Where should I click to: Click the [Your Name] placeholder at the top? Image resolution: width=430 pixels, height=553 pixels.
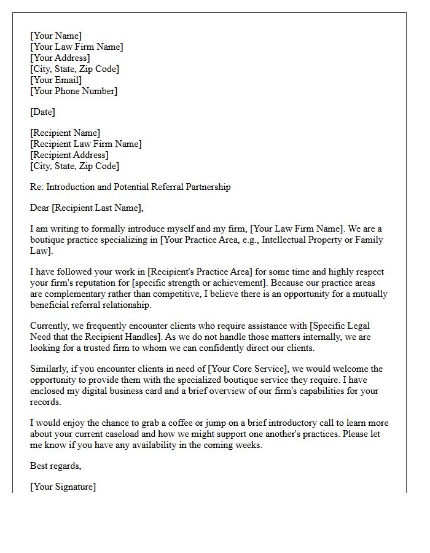[56, 36]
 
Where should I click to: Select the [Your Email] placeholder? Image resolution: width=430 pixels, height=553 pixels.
[56, 80]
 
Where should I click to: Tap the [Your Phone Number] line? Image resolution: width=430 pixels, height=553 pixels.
[74, 91]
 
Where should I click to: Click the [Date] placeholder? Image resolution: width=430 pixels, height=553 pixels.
[42, 112]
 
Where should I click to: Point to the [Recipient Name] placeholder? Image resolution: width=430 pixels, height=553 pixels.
[65, 133]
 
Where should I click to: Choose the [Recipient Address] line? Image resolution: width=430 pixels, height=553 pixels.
[69, 155]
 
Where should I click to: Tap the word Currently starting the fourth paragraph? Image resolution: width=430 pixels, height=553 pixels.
[51, 326]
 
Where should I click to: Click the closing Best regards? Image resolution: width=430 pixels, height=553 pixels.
[55, 466]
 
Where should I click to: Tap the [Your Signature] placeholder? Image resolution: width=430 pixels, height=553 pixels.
[63, 487]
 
